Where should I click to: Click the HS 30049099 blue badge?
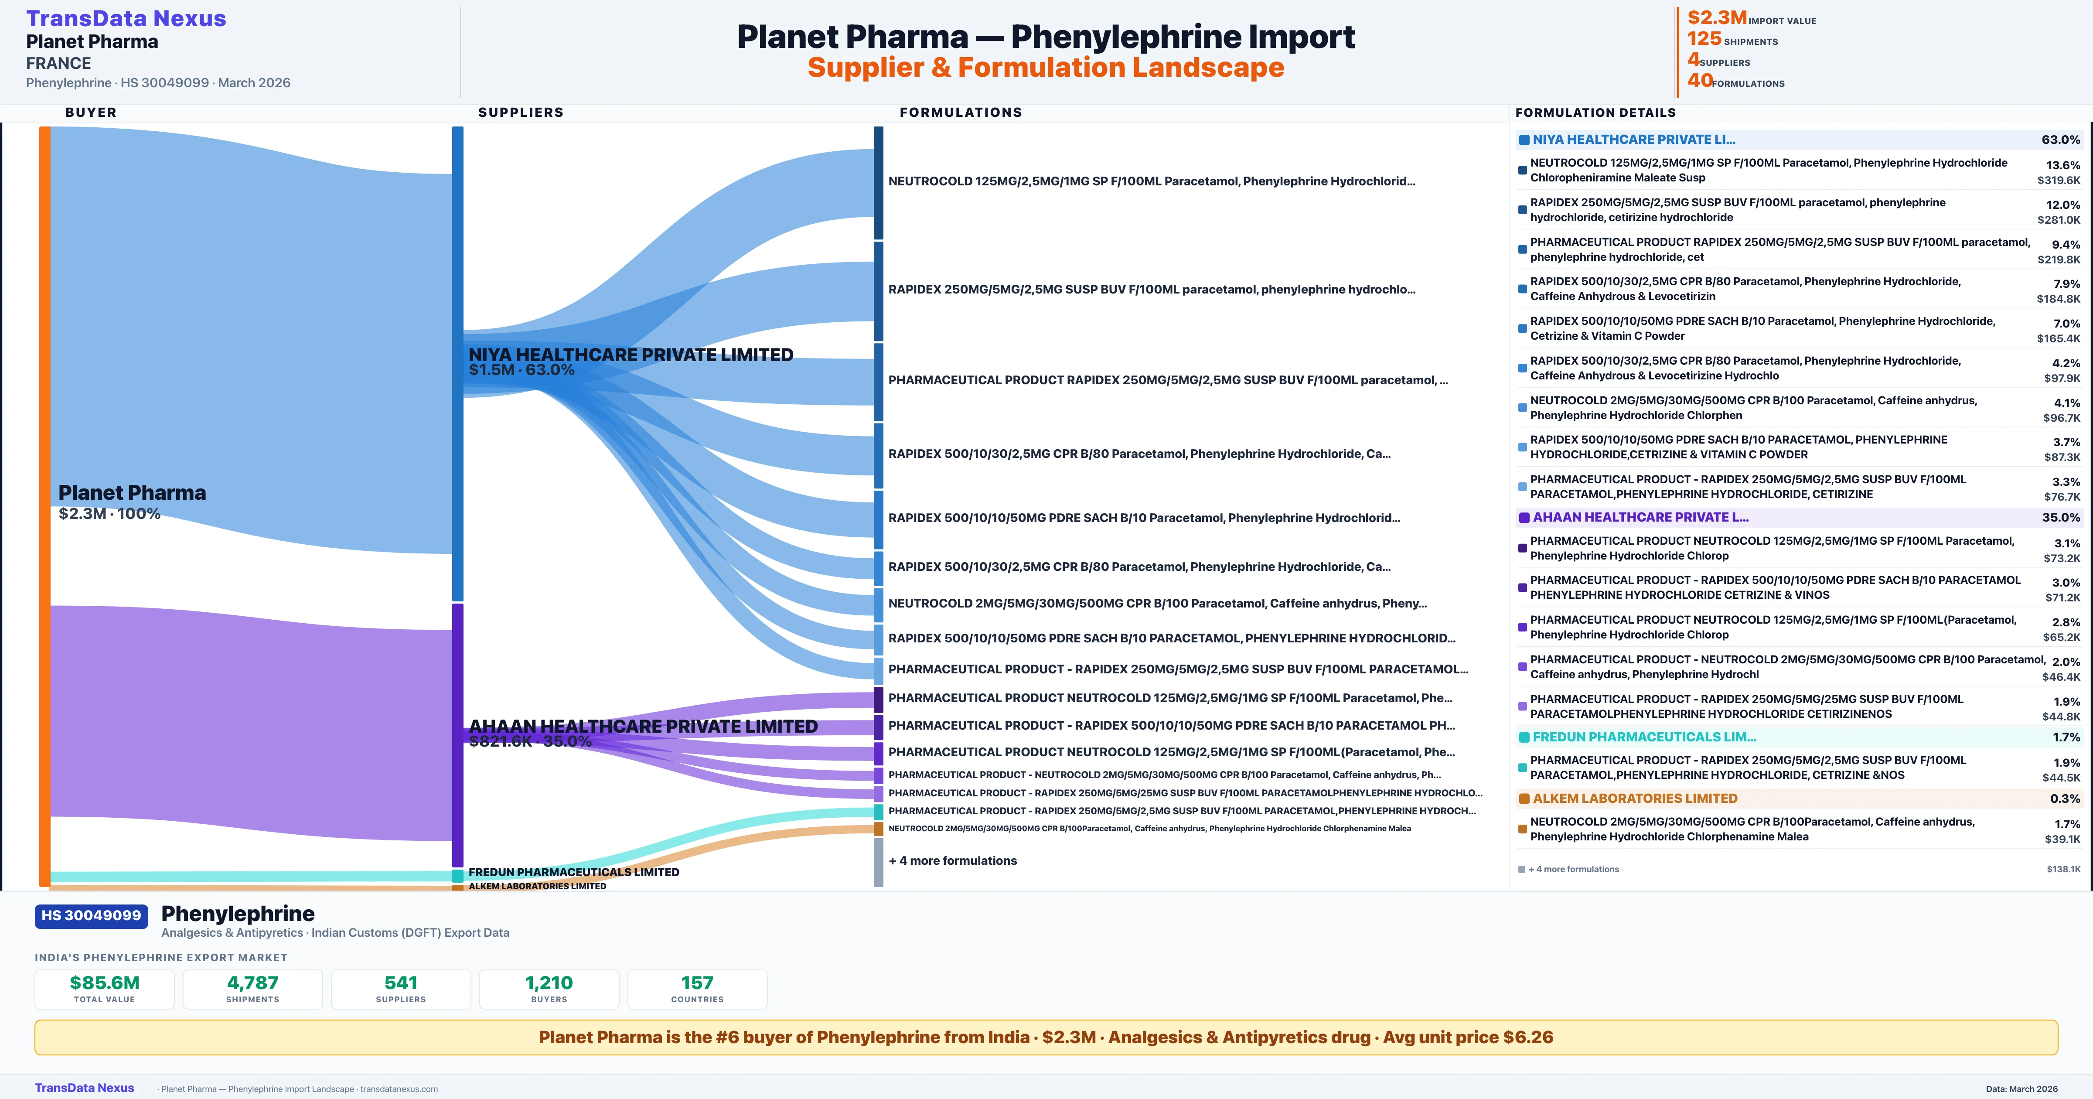click(x=91, y=915)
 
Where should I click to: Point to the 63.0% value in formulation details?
click(x=2060, y=140)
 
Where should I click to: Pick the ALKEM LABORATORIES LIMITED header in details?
click(x=1635, y=798)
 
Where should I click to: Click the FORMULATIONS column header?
click(x=960, y=112)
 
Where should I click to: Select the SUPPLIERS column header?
click(x=521, y=112)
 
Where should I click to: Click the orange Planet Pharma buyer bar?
click(x=44, y=504)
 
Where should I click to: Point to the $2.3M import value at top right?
click(x=1716, y=18)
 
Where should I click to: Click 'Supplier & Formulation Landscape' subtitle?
click(x=1046, y=68)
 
